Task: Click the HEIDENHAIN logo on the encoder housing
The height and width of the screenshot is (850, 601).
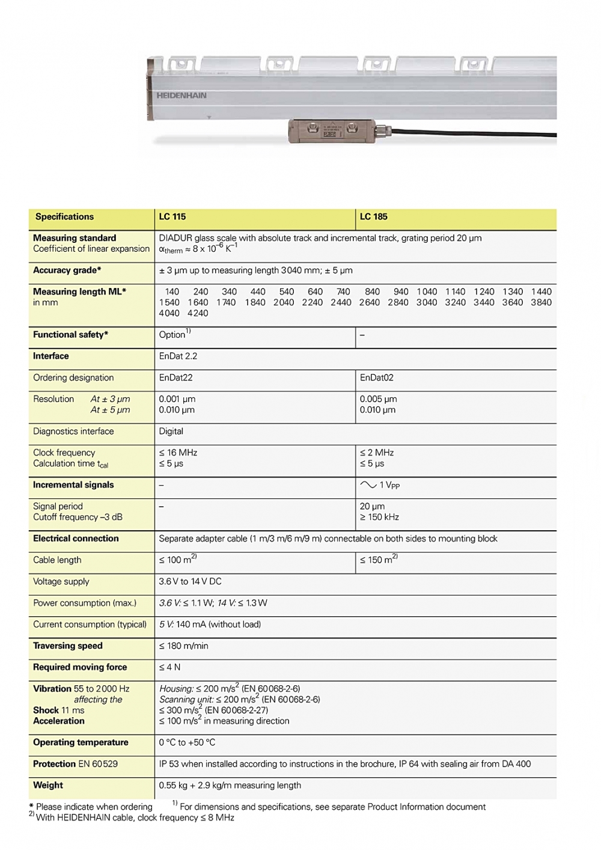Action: coord(182,96)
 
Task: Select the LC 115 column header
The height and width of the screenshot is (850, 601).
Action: coord(172,217)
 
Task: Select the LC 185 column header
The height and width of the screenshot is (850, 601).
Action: coord(374,217)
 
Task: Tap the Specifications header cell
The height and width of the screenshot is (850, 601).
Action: coord(64,217)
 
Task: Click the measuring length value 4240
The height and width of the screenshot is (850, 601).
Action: coord(198,313)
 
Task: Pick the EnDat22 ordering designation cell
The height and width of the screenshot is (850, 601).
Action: coord(176,378)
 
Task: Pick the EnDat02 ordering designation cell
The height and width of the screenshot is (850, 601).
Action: coord(377,378)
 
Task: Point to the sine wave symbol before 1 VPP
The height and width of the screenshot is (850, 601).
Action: coord(368,485)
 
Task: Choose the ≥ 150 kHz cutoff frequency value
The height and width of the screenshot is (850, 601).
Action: coord(379,517)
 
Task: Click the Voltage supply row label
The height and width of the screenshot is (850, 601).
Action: coord(61,581)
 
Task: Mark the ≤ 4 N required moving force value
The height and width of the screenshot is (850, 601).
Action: coord(169,667)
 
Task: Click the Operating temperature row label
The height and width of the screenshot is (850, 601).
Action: coord(81,742)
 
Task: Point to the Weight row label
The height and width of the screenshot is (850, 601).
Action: coord(48,785)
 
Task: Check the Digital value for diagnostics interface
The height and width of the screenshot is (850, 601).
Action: coord(171,431)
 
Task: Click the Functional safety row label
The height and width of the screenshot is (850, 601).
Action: coord(70,335)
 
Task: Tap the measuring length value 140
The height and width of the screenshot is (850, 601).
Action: coord(172,292)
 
